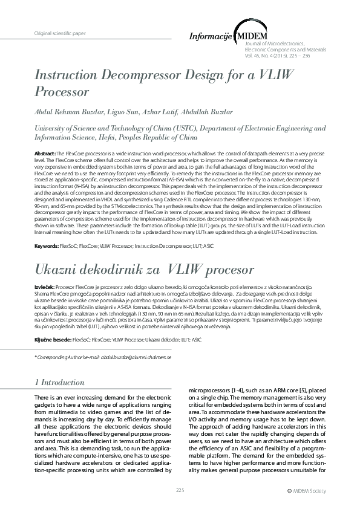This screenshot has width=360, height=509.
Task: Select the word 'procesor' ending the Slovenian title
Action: pos(223,267)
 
